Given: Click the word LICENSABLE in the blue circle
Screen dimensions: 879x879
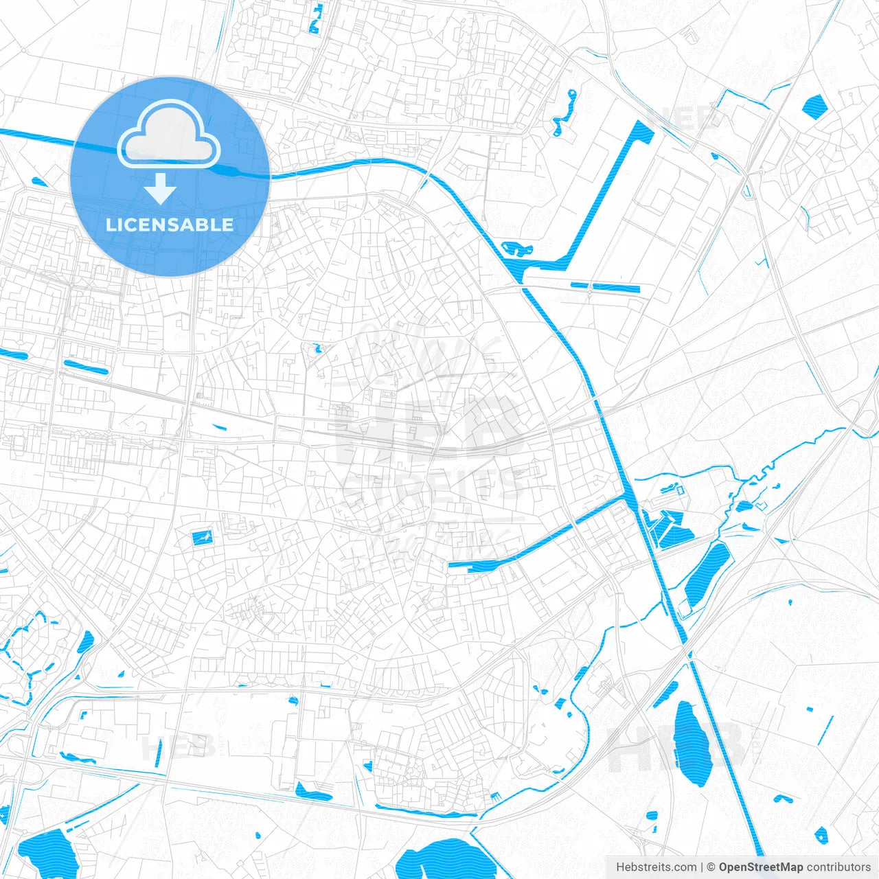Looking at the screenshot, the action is (x=170, y=225).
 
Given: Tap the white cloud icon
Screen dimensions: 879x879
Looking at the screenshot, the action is (x=169, y=134).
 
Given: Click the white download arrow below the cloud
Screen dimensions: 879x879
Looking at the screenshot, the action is (x=161, y=189).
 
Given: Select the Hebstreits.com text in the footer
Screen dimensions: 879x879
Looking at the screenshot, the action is (x=656, y=867).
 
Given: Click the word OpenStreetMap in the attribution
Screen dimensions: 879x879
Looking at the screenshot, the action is (x=760, y=867).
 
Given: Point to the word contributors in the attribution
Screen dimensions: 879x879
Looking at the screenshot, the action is (x=838, y=867).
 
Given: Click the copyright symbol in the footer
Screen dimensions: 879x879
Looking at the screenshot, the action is (x=711, y=867).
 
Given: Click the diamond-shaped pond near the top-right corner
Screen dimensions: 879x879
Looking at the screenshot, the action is (x=814, y=106).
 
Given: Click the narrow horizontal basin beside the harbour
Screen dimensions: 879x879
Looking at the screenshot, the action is (x=604, y=286).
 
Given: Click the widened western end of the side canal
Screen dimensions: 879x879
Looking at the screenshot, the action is (x=474, y=565).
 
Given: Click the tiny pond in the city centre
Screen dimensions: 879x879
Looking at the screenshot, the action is (x=317, y=349).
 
